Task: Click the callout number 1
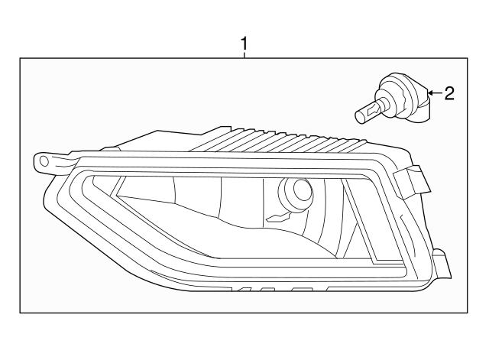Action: coord(244,44)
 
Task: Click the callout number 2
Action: coord(449,93)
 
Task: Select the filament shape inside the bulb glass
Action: coord(373,112)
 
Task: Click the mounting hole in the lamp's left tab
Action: coord(44,161)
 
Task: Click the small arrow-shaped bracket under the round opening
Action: coord(276,218)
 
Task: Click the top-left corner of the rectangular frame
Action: coord(20,59)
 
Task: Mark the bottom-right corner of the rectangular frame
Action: coord(468,313)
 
